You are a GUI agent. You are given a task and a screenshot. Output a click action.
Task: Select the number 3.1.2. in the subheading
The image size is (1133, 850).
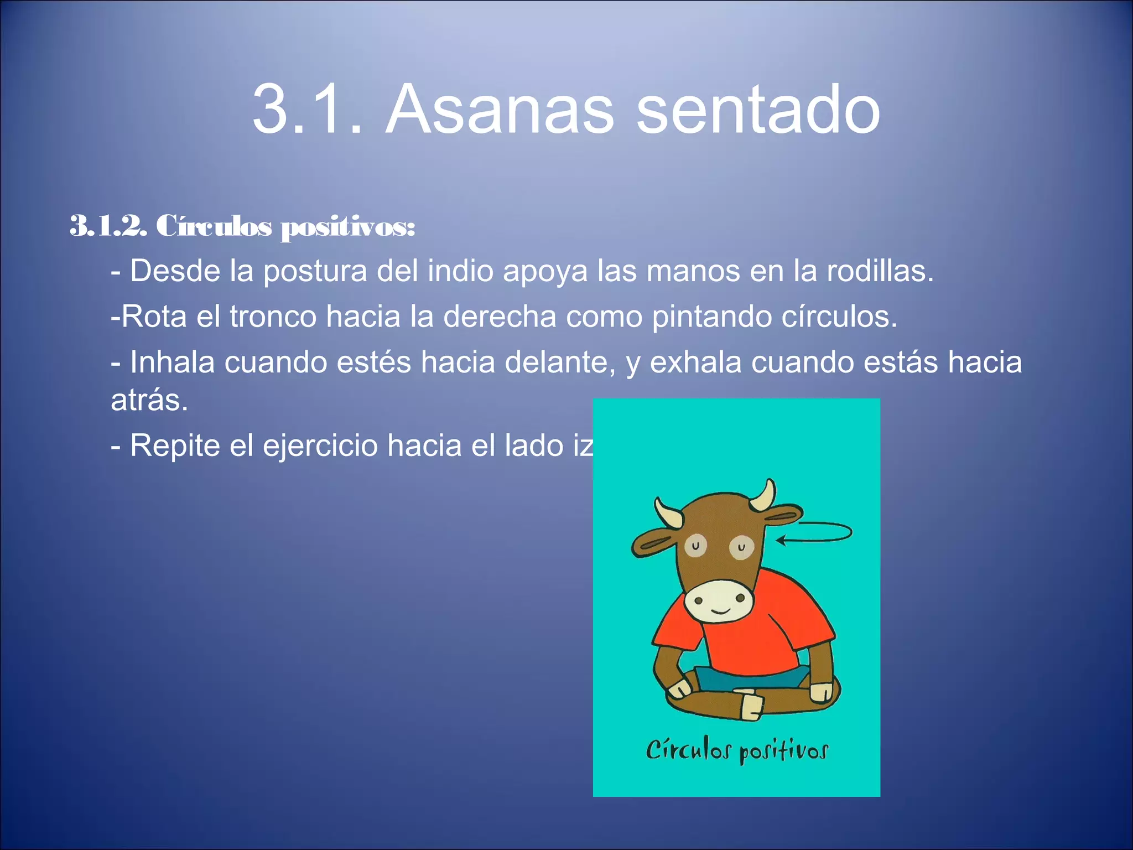point(108,226)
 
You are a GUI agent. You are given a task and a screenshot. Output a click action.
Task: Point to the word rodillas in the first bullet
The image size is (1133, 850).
point(880,271)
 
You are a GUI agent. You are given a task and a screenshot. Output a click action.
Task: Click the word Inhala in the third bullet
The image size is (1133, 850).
point(172,362)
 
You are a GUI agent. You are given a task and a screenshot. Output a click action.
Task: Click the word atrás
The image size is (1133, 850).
point(149,400)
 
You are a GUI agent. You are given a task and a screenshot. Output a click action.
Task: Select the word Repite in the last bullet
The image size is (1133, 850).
point(175,446)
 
